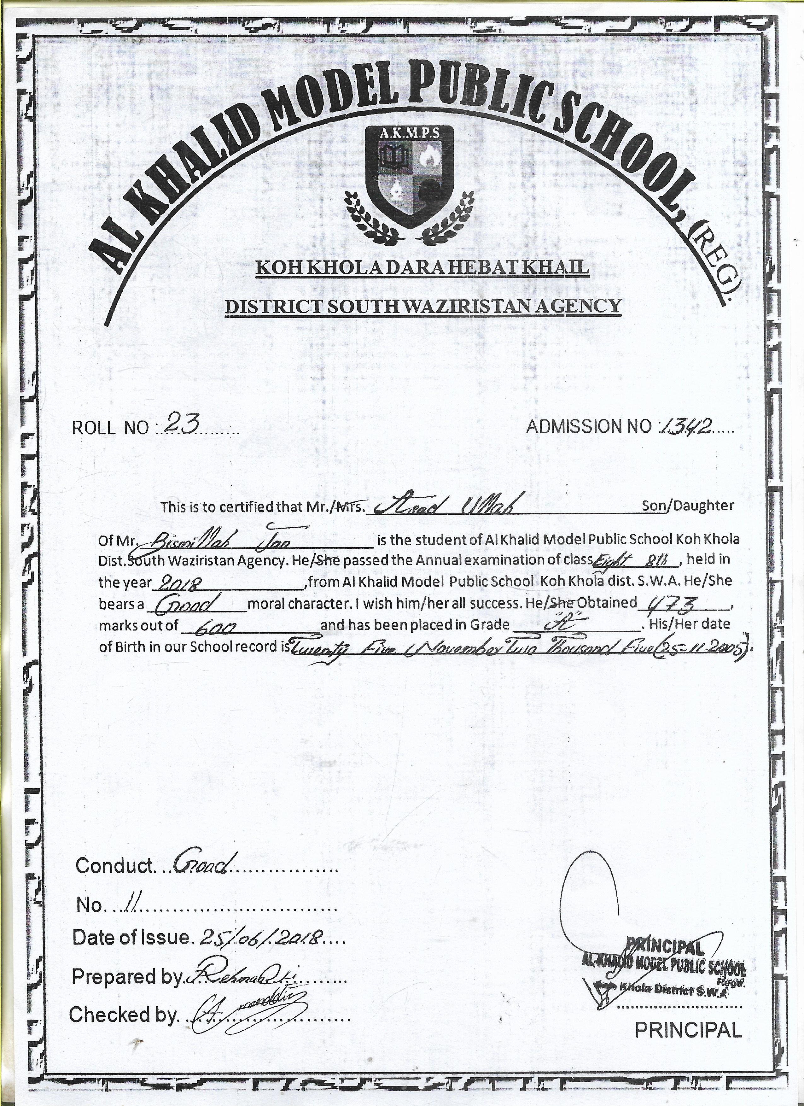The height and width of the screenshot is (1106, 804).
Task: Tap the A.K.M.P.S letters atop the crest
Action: coord(409,134)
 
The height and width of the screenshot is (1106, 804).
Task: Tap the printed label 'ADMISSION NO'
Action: coord(588,427)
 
